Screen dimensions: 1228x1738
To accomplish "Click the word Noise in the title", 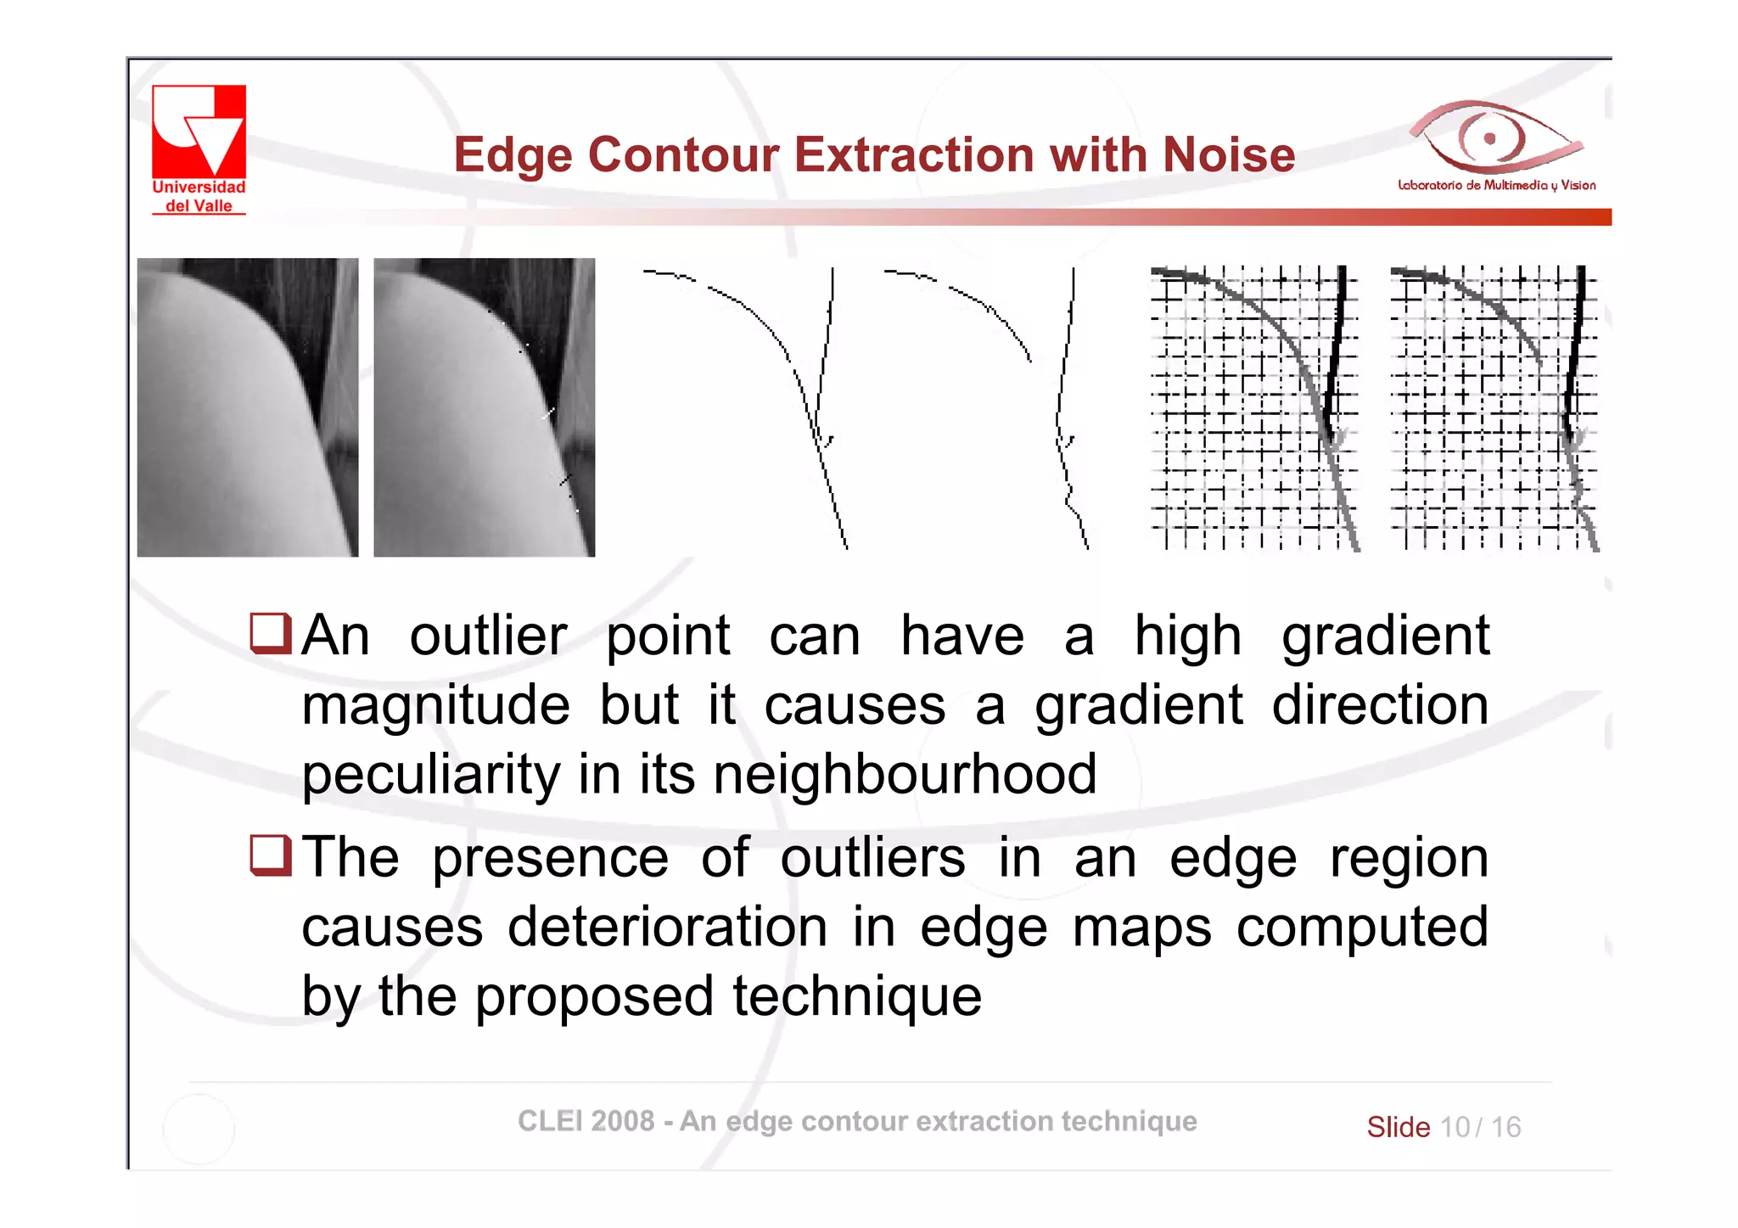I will coord(1228,155).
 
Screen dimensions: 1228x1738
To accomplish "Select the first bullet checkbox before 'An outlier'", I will coord(271,633).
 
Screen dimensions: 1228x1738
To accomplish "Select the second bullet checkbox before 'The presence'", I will coord(271,855).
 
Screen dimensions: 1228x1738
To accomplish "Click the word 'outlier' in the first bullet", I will coord(488,636).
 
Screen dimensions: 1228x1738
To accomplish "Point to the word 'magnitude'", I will coord(435,705).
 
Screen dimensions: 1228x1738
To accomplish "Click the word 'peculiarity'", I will coord(430,776).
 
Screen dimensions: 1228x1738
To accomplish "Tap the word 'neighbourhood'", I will coord(905,774).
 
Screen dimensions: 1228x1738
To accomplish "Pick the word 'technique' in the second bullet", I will coord(857,996).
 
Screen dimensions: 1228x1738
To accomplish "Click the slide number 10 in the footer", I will coord(1455,1127).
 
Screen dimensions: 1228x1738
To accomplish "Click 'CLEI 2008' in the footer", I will coord(586,1121).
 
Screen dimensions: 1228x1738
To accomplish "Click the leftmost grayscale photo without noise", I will coord(247,407).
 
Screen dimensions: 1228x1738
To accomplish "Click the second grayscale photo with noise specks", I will coord(484,407).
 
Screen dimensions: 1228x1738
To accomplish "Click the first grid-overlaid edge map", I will coord(1254,408).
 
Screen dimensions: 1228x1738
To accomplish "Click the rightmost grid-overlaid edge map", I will coord(1494,408).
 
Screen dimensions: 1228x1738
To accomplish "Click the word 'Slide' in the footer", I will coord(1398,1127).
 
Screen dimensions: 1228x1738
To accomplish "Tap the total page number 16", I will coord(1505,1127).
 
